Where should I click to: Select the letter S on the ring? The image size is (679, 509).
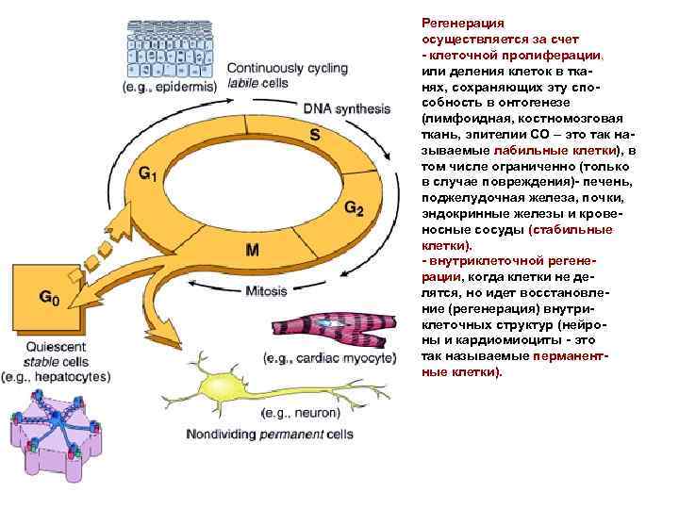pos(314,135)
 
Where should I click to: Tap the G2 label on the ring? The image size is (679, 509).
pos(353,207)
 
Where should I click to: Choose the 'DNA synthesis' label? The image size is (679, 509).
pos(346,108)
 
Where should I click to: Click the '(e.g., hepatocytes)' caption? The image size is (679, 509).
pos(56,375)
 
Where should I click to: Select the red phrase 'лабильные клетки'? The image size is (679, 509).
pos(555,150)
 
